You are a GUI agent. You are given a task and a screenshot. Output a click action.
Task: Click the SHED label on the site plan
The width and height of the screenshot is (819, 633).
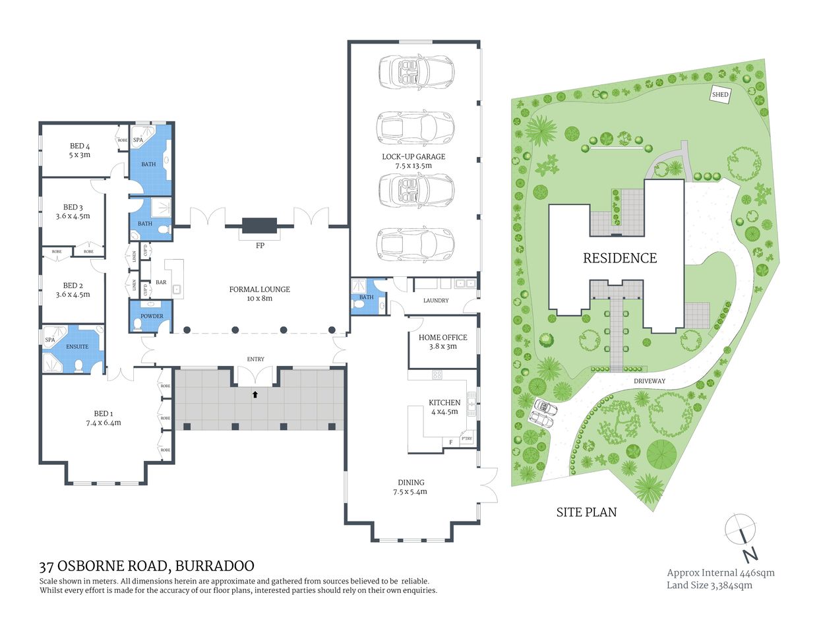(720, 94)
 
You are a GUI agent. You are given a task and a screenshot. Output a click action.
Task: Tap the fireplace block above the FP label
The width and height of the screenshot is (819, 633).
(260, 226)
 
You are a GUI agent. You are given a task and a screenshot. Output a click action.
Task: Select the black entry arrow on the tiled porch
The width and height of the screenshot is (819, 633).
(255, 395)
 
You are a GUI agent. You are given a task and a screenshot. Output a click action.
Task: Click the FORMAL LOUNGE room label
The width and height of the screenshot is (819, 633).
(259, 289)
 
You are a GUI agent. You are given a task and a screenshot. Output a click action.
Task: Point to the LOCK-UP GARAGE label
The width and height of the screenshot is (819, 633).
(413, 157)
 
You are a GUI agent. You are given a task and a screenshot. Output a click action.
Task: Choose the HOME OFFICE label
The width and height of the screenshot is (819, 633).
(442, 338)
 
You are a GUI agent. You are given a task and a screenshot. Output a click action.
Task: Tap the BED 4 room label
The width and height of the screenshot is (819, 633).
(80, 146)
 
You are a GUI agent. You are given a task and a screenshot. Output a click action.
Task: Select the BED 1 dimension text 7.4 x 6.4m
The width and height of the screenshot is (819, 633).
(104, 423)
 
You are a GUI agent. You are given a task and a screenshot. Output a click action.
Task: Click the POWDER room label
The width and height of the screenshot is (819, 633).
(152, 316)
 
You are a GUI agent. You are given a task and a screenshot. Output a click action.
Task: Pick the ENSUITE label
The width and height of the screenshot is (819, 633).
(77, 347)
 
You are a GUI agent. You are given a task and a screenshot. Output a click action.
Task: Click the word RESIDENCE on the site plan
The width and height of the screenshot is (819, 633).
(620, 258)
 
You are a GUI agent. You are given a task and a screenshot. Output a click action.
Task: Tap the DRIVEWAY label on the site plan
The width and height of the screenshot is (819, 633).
(650, 381)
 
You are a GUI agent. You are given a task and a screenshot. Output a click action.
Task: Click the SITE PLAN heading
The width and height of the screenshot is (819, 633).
(586, 512)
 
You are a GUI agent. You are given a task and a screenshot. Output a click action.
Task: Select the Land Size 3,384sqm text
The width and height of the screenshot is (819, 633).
(709, 585)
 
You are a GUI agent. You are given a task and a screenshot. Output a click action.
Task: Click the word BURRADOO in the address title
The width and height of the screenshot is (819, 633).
(214, 566)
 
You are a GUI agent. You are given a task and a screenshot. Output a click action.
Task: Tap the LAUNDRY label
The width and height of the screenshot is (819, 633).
(436, 301)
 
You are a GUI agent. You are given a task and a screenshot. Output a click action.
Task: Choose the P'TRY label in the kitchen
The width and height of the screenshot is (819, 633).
(467, 439)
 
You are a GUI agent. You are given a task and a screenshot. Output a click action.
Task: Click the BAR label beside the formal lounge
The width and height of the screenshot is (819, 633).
(161, 282)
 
